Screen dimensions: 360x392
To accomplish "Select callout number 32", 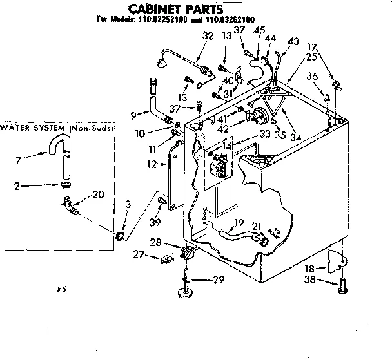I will pos(208,37).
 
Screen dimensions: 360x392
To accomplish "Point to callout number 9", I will pos(133,116).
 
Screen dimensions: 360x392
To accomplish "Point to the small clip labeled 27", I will pos(166,259).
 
